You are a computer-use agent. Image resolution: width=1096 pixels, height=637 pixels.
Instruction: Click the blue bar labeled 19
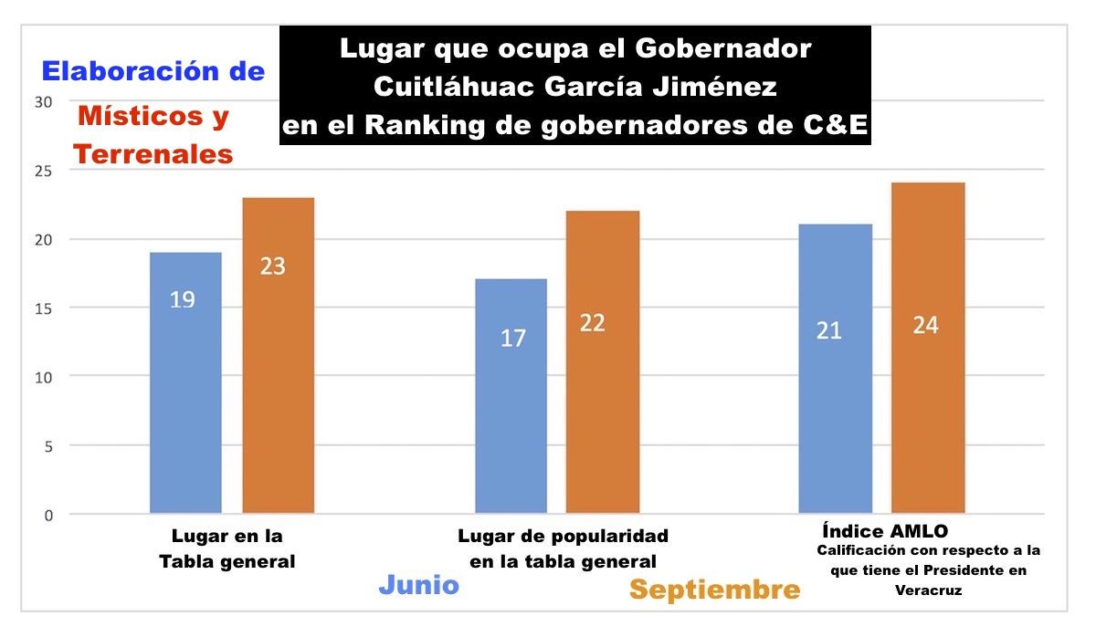tap(185, 383)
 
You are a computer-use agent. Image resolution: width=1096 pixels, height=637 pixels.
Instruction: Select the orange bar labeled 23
tap(278, 356)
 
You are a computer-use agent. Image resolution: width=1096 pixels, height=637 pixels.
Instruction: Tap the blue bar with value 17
tap(511, 397)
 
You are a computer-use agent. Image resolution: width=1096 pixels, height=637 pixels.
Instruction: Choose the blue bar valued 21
tap(835, 370)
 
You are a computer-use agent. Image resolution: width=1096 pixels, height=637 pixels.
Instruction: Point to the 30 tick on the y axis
tap(44, 102)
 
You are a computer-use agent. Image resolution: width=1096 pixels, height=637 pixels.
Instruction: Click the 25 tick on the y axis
tap(44, 171)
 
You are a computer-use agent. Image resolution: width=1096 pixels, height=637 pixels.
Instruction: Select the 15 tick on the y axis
tap(44, 308)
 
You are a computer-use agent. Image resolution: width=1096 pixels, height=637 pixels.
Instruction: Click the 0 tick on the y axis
tap(47, 515)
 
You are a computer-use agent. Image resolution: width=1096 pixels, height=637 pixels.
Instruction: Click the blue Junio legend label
tap(418, 584)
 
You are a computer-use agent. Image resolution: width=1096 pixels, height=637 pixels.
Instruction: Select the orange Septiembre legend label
tap(714, 590)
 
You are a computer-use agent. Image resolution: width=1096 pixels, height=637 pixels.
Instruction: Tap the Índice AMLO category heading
tap(884, 531)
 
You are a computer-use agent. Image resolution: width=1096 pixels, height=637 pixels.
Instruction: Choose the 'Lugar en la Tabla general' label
tap(227, 548)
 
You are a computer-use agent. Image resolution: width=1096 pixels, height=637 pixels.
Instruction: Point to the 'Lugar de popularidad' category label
tap(563, 536)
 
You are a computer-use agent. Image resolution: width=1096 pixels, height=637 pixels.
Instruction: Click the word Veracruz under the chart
tap(928, 590)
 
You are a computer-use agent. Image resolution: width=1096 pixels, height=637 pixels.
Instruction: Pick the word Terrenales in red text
tap(153, 155)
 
